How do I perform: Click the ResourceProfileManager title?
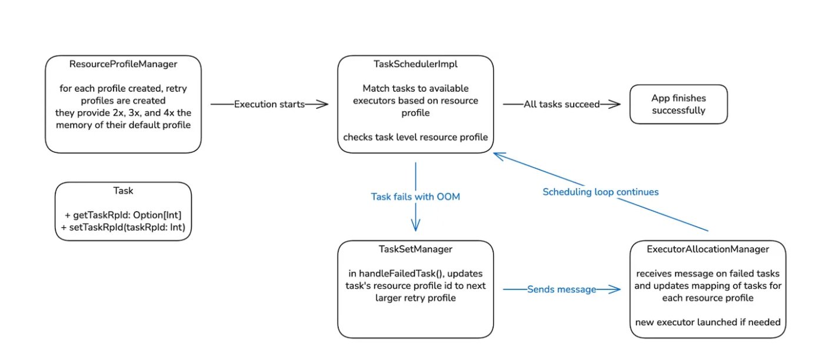pyautogui.click(x=123, y=64)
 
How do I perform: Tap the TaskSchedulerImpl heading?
pyautogui.click(x=415, y=64)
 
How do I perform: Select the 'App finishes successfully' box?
pyautogui.click(x=678, y=104)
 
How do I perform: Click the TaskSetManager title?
pyautogui.click(x=415, y=249)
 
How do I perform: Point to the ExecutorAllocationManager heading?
pyautogui.click(x=708, y=249)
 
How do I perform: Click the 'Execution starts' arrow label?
pyautogui.click(x=269, y=104)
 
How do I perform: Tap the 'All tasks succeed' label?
pyautogui.click(x=561, y=104)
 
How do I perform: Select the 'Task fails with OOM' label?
pyautogui.click(x=415, y=196)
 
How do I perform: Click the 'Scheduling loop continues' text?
pyautogui.click(x=600, y=192)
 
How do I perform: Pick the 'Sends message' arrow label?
pyautogui.click(x=561, y=289)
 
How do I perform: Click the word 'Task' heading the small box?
pyautogui.click(x=123, y=191)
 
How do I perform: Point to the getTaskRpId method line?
pyautogui.click(x=123, y=216)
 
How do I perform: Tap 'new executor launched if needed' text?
pyautogui.click(x=708, y=322)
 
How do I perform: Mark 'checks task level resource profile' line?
pyautogui.click(x=415, y=137)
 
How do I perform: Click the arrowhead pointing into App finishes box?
pyautogui.click(x=615, y=104)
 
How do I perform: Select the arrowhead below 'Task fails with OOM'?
pyautogui.click(x=415, y=226)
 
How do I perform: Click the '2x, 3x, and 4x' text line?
pyautogui.click(x=123, y=113)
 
